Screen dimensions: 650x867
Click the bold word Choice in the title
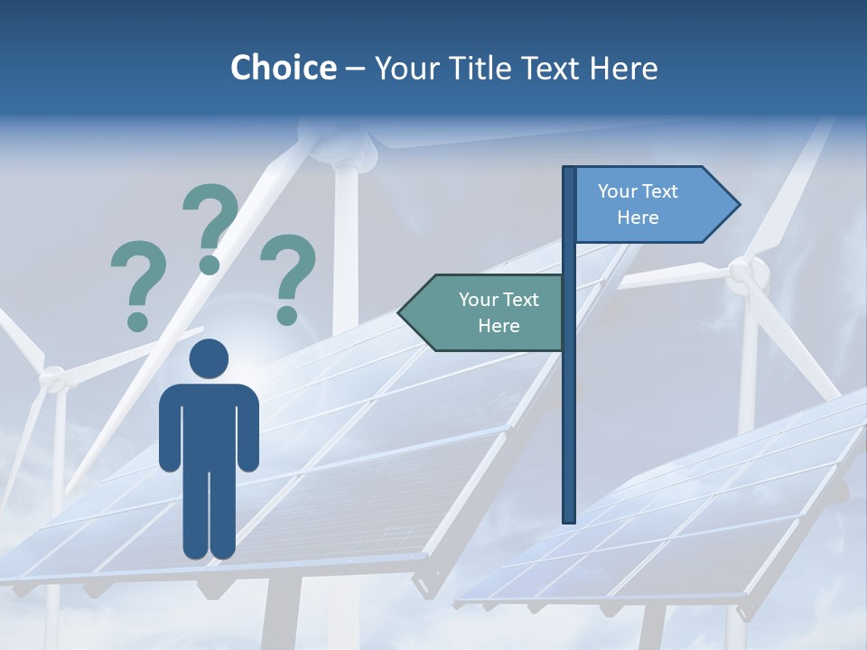tap(283, 68)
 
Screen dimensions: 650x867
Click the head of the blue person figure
tap(209, 359)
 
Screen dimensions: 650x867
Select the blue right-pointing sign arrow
tap(650, 205)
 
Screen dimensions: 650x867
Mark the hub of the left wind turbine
tap(54, 379)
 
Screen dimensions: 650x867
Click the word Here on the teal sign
tap(499, 326)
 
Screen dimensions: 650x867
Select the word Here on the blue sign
tap(638, 218)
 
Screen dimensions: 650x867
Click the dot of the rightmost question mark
tap(287, 315)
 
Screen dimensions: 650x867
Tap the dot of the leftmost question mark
tap(137, 320)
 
